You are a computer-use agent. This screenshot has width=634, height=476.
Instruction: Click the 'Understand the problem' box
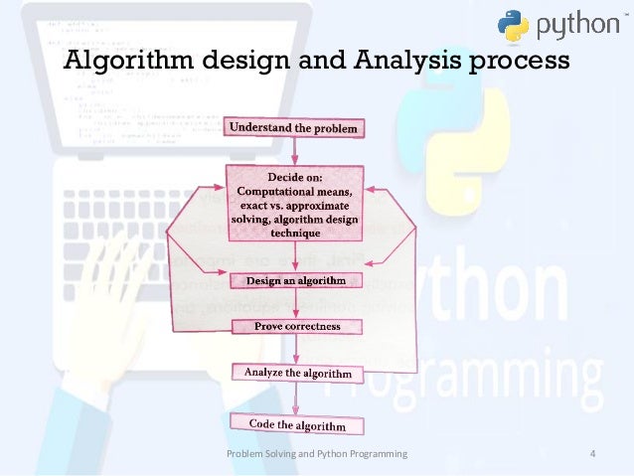(293, 128)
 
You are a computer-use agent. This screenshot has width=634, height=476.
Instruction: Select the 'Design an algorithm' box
(295, 281)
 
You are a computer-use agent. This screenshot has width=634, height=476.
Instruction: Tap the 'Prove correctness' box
(297, 326)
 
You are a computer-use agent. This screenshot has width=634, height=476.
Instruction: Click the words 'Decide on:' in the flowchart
(294, 178)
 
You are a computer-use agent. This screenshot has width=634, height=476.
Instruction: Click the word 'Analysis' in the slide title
(395, 62)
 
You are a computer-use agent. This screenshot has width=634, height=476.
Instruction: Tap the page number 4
(592, 455)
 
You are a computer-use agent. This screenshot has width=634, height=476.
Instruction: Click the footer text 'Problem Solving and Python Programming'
(317, 455)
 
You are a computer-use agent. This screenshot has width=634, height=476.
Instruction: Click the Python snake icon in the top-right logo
(514, 28)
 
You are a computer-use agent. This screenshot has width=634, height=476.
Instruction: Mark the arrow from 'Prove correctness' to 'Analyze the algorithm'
(296, 349)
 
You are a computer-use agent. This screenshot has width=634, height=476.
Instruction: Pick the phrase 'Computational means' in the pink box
(294, 191)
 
